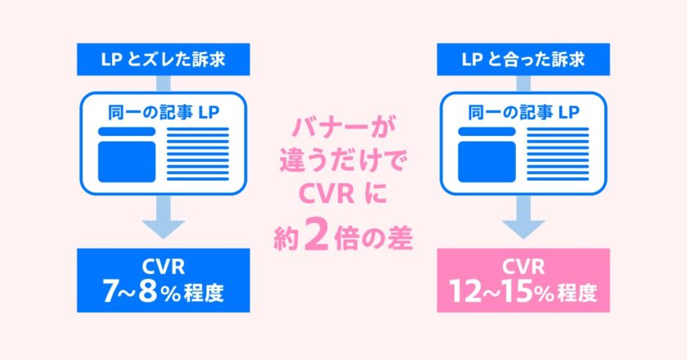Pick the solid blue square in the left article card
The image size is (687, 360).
(x=126, y=160)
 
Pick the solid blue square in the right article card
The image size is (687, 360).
(x=487, y=160)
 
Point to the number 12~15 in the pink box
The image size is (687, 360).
(x=490, y=291)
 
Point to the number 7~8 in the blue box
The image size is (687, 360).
(x=134, y=291)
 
